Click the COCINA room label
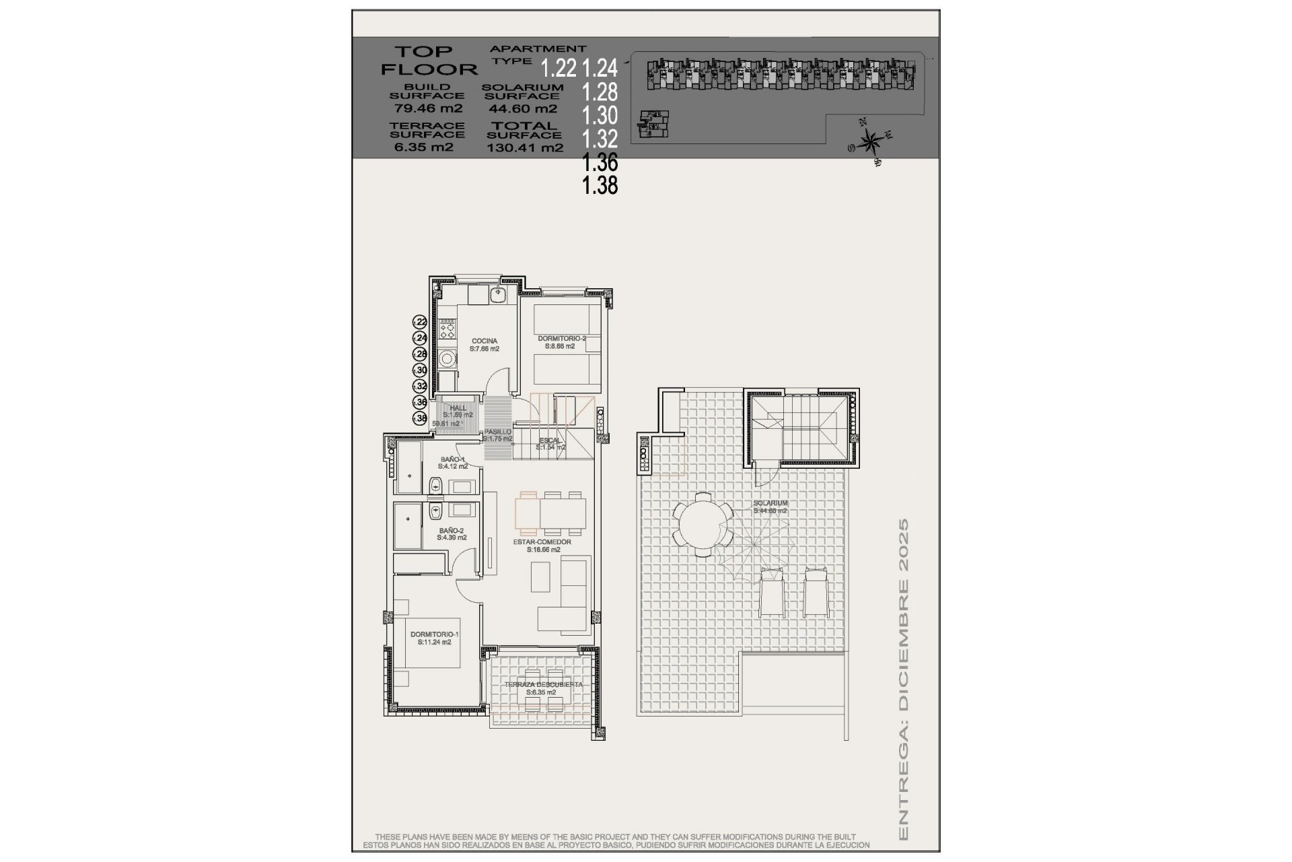[x=485, y=341]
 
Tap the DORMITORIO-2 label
[x=561, y=339]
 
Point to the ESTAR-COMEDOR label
[x=542, y=542]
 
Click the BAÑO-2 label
[x=451, y=531]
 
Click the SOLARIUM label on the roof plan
[x=770, y=503]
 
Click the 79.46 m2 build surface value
[x=427, y=108]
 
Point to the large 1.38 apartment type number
[x=600, y=185]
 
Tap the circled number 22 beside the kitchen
[x=420, y=322]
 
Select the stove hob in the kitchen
[x=447, y=330]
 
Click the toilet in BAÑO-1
[x=435, y=484]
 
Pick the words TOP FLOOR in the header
[x=428, y=60]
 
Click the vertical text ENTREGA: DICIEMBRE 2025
[x=903, y=687]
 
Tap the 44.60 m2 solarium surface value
[x=522, y=108]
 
